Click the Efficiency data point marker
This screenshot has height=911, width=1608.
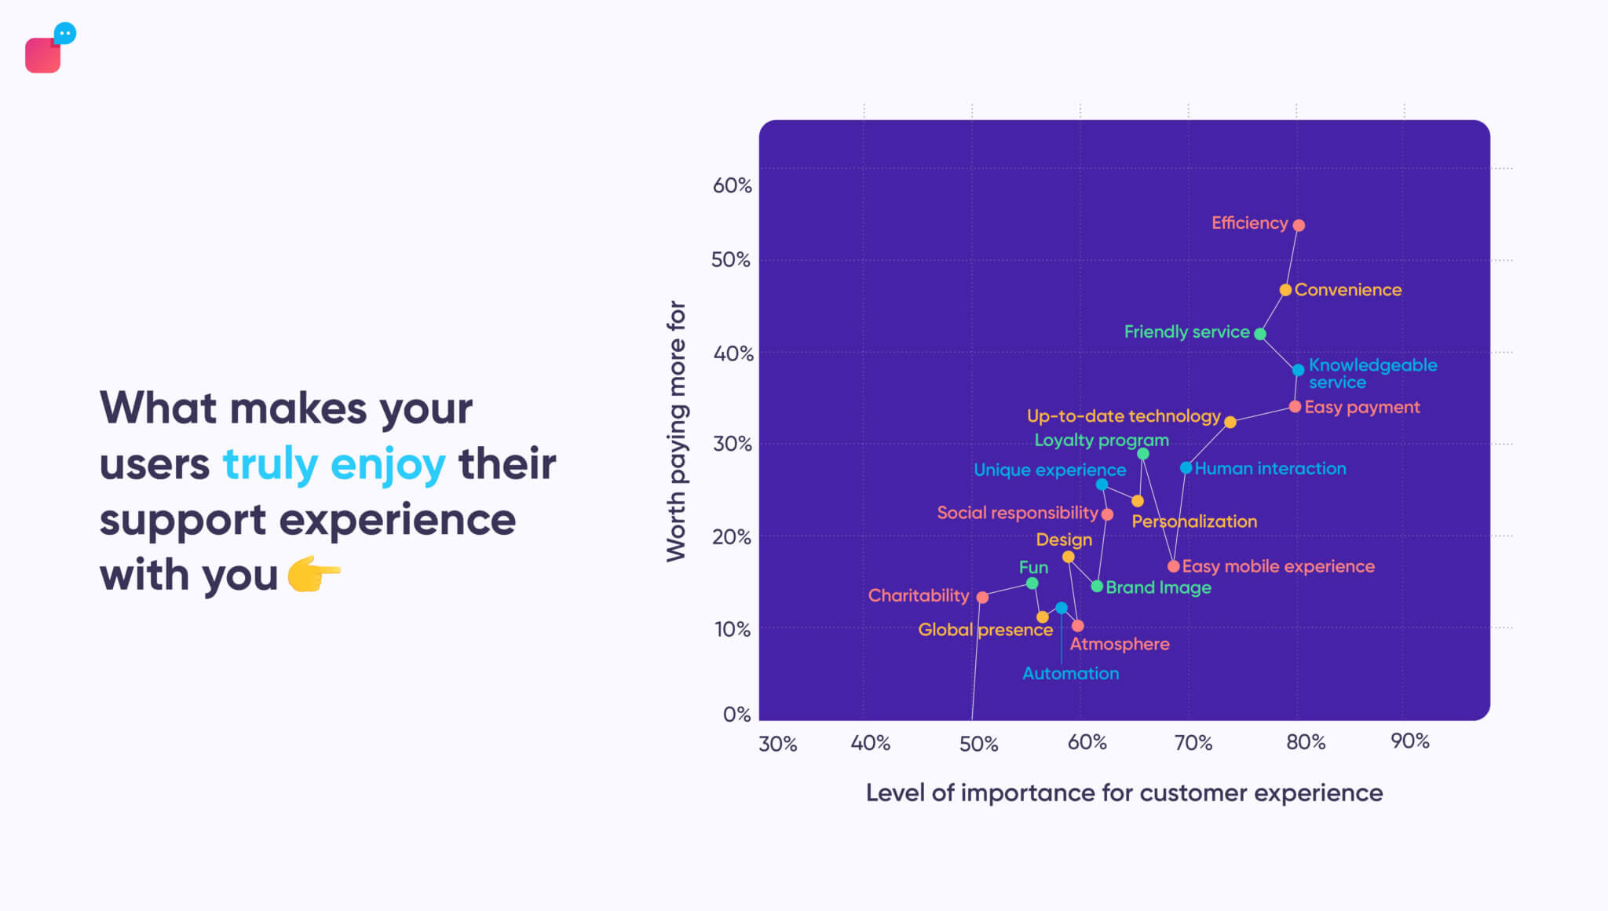click(x=1299, y=225)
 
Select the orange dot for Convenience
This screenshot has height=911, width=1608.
click(x=1285, y=290)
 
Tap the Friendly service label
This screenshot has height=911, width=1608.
click(x=1186, y=332)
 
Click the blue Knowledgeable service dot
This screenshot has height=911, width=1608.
click(x=1298, y=370)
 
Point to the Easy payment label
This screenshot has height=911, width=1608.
click(x=1361, y=407)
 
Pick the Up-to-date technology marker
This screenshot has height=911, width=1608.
click(x=1230, y=423)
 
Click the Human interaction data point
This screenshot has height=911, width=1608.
click(x=1186, y=468)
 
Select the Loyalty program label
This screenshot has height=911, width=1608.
click(x=1101, y=441)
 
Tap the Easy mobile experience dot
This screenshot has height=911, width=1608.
click(x=1173, y=566)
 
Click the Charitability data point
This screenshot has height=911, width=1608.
click(x=982, y=598)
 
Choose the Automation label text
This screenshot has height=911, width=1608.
click(x=1070, y=673)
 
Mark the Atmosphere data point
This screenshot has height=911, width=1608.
click(x=1078, y=626)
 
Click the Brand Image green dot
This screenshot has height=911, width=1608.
click(x=1097, y=587)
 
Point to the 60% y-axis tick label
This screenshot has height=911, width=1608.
click(x=732, y=185)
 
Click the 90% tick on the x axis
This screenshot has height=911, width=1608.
click(x=1409, y=741)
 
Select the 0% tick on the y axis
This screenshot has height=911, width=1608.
click(x=736, y=714)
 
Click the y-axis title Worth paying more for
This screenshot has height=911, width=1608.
click(x=676, y=431)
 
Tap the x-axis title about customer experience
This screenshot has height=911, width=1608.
click(x=1124, y=793)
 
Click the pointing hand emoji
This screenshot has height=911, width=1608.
click(x=313, y=575)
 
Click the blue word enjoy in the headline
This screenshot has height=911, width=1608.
click(x=388, y=464)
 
